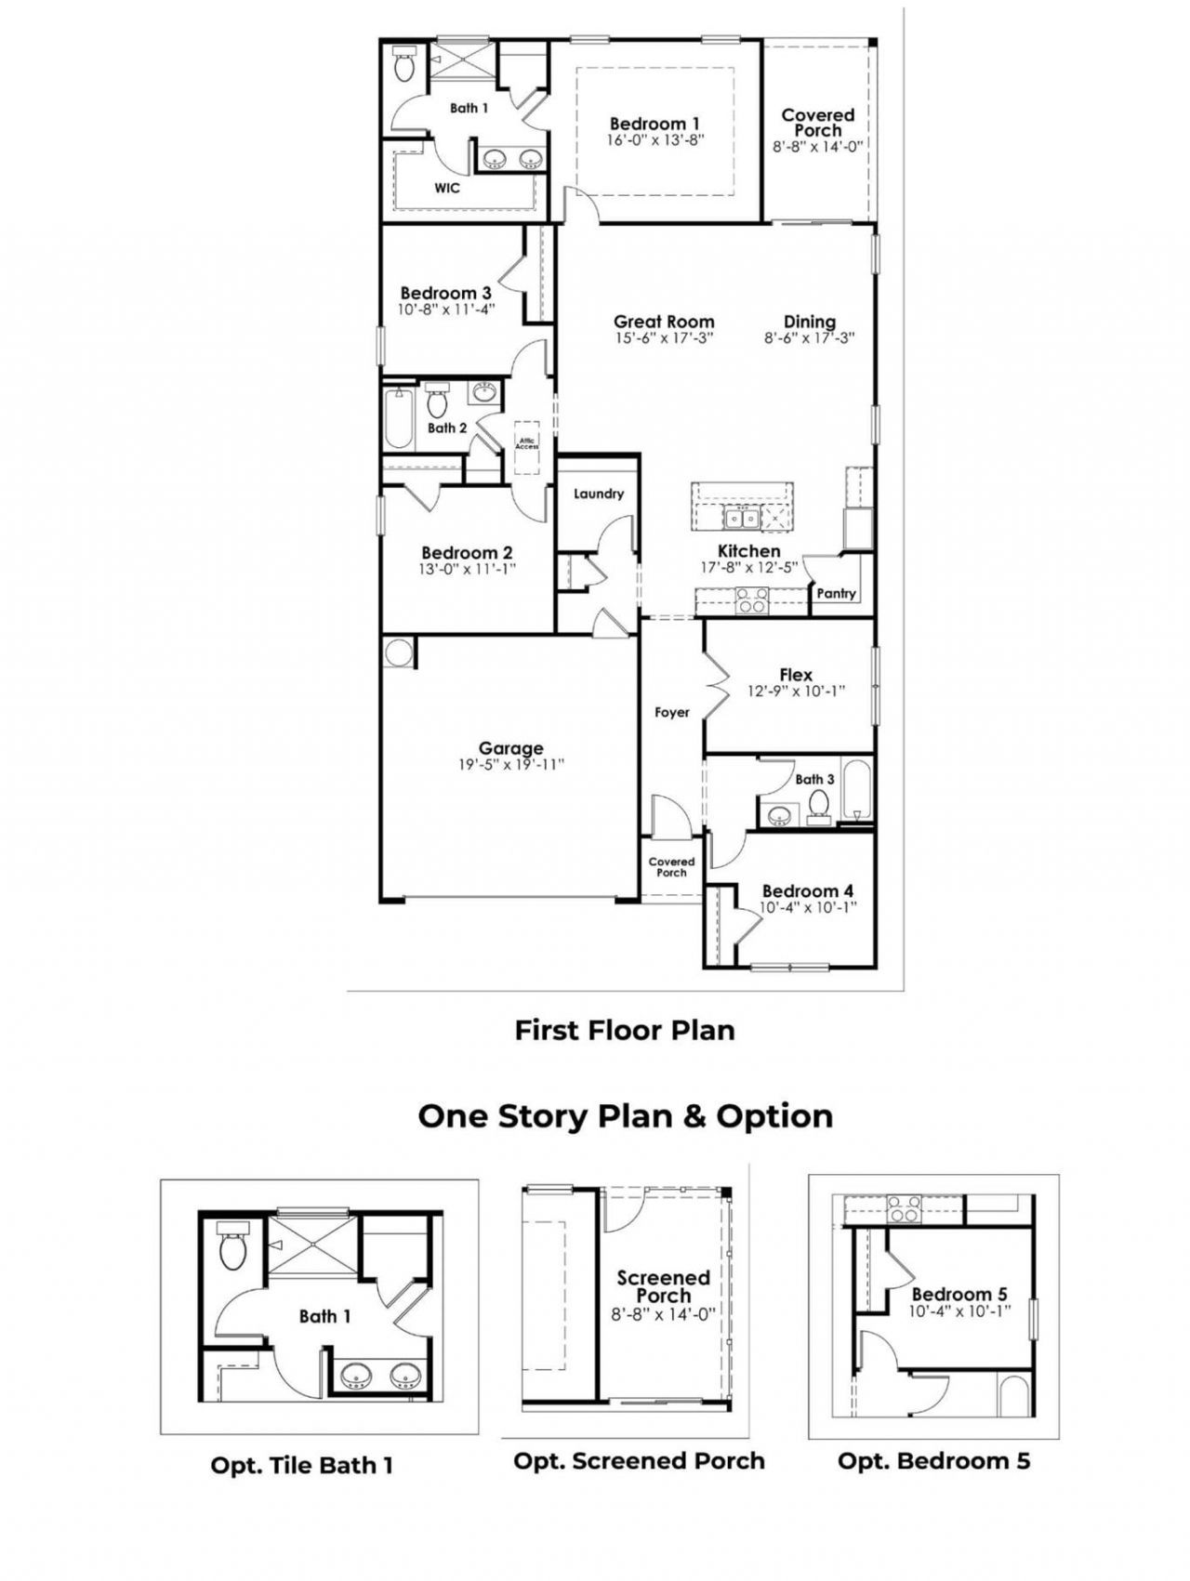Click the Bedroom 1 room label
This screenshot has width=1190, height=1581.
click(x=654, y=124)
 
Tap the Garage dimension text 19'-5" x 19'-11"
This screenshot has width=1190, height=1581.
click(x=511, y=765)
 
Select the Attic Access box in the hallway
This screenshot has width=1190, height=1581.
click(x=527, y=443)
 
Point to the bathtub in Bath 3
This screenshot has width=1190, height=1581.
click(x=861, y=790)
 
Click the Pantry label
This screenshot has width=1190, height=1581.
click(x=836, y=593)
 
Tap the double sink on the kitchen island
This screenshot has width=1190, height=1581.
click(x=741, y=517)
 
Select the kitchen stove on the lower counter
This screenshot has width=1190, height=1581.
click(x=751, y=601)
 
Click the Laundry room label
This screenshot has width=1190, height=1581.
click(x=598, y=494)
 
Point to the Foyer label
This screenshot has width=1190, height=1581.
click(x=672, y=712)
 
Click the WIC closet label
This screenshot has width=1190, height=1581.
click(x=447, y=188)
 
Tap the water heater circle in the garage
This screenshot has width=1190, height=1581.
click(x=398, y=652)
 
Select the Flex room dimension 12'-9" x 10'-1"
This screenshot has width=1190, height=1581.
click(x=796, y=692)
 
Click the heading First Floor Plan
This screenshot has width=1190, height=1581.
click(x=625, y=1030)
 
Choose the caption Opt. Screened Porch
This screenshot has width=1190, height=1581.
click(x=639, y=1460)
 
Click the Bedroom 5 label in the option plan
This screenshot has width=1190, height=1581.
click(x=959, y=1294)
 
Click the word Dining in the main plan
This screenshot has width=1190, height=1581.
click(x=809, y=322)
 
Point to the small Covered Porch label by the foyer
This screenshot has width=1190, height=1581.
click(x=671, y=867)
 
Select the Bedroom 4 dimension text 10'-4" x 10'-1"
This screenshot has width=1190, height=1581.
click(x=807, y=907)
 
